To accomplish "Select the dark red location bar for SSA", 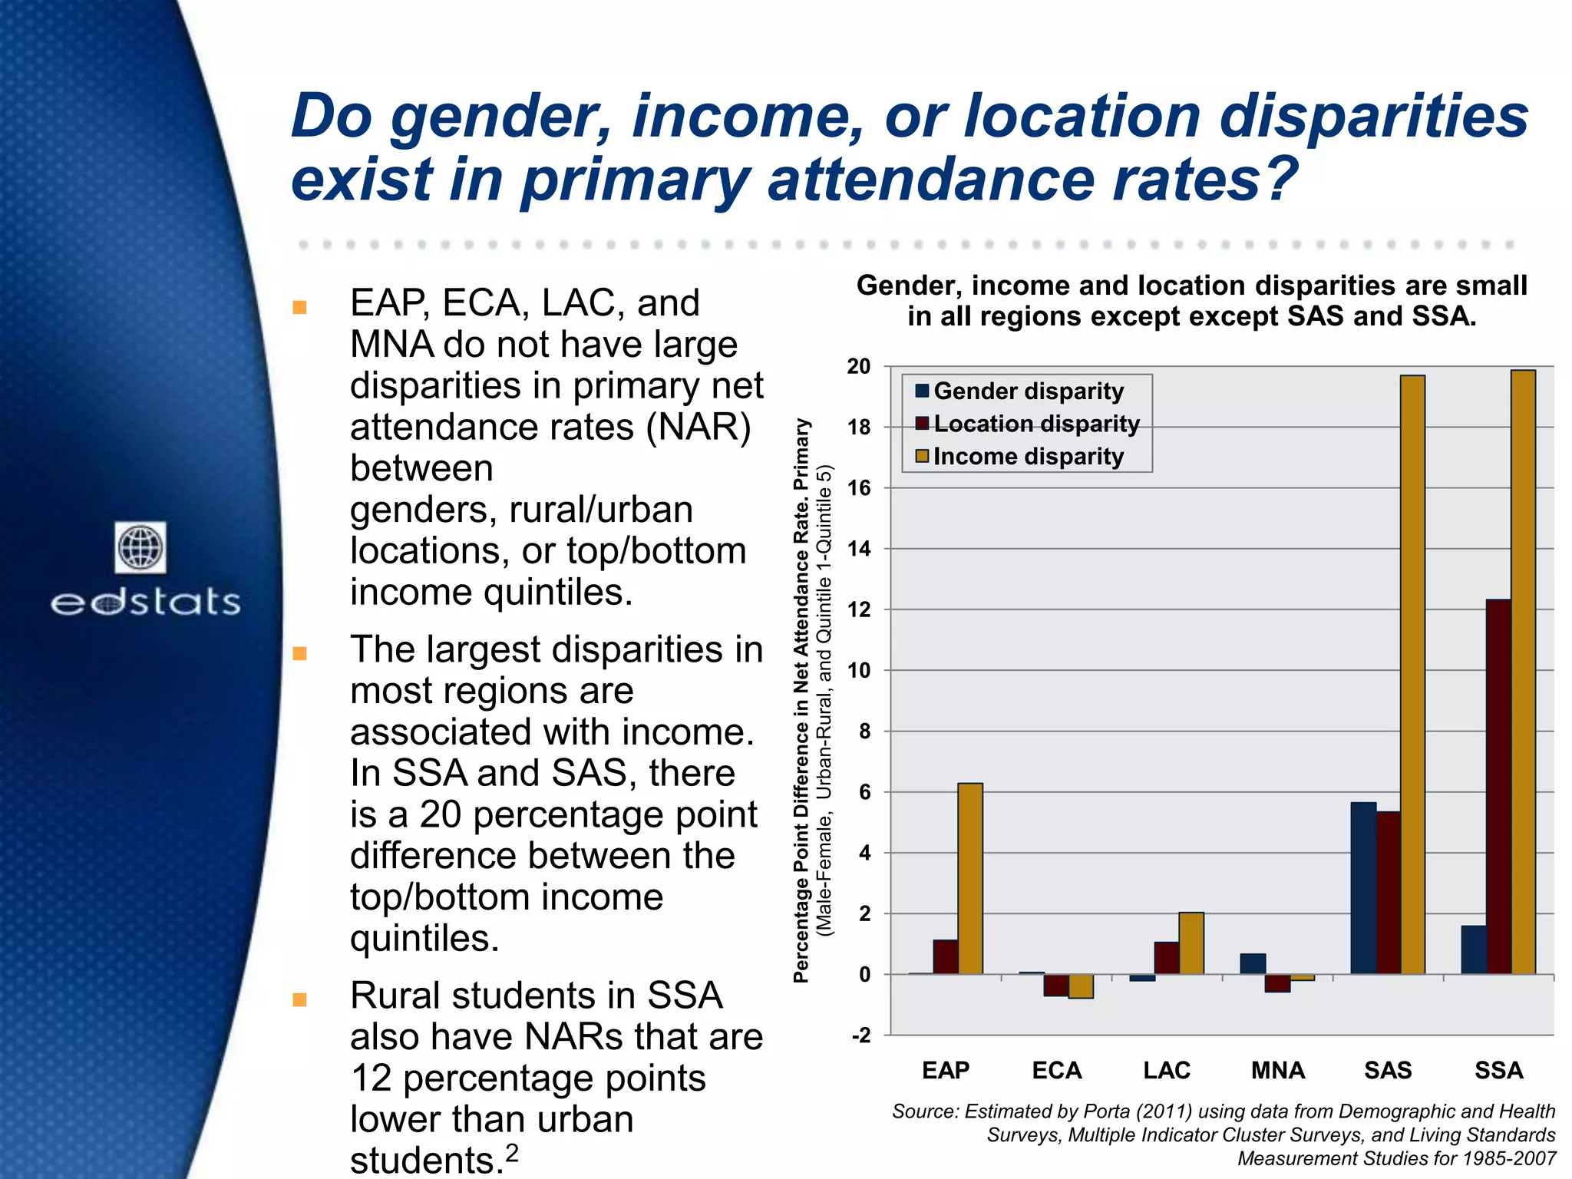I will pos(1498,787).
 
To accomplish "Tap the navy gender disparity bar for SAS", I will pos(1363,888).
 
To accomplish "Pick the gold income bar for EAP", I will pos(970,879).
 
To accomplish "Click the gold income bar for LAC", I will pos(1191,943).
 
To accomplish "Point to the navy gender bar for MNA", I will pos(1253,964).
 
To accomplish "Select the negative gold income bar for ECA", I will pos(1081,986).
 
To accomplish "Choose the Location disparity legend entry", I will pos(1035,424).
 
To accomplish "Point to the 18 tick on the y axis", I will pos(859,428).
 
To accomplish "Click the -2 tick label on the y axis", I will pos(861,1036).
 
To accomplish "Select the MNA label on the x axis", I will pos(1277,1070).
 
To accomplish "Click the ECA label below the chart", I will pos(1056,1070).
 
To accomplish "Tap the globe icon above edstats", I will pos(140,547).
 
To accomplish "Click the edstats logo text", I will pos(146,603).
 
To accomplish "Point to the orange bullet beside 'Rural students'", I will pos(300,999).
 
